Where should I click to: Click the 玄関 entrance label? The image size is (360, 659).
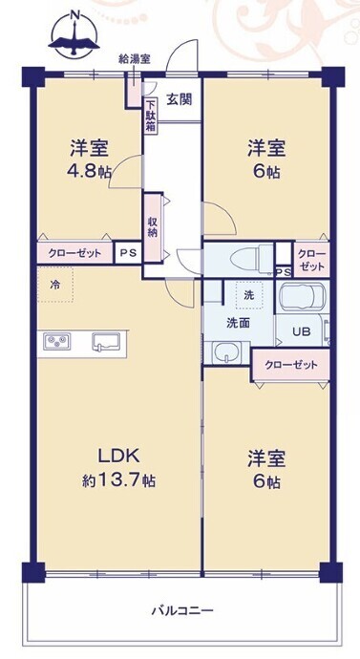[x=180, y=99]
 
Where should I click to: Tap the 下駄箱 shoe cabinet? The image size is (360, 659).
[x=150, y=116]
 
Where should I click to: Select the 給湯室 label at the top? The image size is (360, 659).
[x=135, y=59]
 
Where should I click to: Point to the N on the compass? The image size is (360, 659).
[x=75, y=15]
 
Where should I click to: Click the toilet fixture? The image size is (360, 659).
[x=250, y=259]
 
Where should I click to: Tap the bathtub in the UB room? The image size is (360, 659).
[x=302, y=296]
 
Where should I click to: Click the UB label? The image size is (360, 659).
[x=301, y=332]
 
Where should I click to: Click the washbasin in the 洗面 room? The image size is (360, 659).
[x=227, y=352]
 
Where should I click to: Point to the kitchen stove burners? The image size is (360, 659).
[x=57, y=340]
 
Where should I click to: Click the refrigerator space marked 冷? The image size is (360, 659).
[x=55, y=285]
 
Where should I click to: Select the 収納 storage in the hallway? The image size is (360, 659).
[x=152, y=227]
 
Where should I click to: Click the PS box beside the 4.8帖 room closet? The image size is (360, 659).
[x=127, y=253]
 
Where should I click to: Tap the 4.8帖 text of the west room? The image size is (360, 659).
[x=89, y=171]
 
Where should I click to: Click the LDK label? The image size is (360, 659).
[x=118, y=456]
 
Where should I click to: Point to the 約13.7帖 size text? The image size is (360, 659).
[x=118, y=479]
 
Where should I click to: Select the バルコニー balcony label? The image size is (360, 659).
[x=182, y=610]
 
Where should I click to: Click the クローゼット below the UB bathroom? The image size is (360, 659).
[x=290, y=365]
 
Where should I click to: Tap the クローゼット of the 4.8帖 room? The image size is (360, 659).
[x=74, y=253]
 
